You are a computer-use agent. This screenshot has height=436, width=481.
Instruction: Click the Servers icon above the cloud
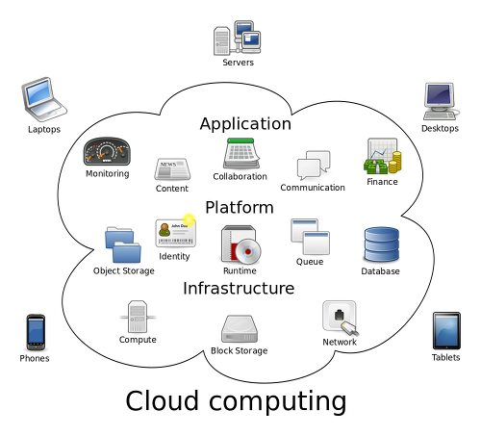238,38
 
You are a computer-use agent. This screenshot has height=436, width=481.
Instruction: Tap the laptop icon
44,99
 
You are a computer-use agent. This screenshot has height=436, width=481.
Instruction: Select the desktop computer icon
441,101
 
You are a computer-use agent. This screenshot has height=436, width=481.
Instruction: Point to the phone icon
36,332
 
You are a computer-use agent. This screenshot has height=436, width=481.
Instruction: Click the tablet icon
446,330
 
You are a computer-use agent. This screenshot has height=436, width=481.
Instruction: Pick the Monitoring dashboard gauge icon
107,151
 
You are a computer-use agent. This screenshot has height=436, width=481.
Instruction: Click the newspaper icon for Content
172,168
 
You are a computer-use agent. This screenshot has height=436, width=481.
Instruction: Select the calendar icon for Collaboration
241,154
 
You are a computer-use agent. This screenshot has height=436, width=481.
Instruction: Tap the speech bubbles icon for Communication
314,165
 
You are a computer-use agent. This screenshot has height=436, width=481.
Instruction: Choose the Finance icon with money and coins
383,156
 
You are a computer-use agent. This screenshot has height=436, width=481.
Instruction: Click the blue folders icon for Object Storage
123,244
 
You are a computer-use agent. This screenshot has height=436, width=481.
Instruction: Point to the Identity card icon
175,231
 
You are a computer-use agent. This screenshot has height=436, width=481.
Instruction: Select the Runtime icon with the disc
240,244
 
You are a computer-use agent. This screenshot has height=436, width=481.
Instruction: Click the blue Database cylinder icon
381,244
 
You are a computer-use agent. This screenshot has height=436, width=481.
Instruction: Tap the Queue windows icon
310,237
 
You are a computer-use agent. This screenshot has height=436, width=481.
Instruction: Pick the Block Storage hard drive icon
240,329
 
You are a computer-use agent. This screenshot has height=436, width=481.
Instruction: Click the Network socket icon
341,318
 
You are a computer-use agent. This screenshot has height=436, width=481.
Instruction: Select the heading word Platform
240,207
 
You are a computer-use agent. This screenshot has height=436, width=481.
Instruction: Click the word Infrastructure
239,288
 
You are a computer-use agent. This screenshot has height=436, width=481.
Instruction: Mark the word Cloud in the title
162,400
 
